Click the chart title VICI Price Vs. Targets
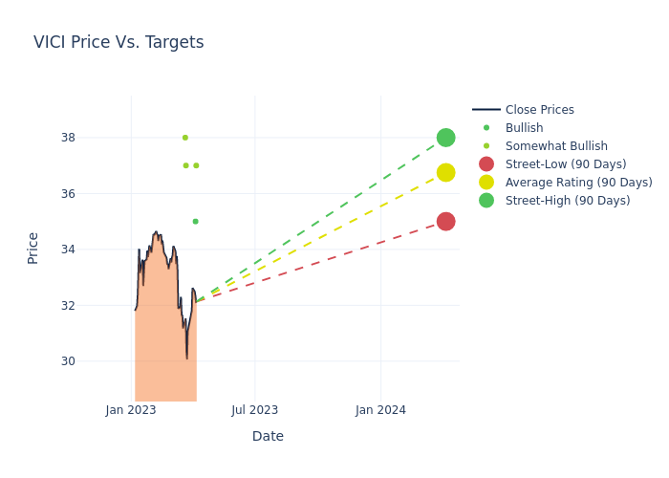click(119, 42)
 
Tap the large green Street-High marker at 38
click(445, 138)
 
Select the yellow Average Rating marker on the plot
click(445, 172)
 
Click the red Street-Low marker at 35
click(445, 221)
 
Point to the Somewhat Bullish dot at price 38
click(185, 138)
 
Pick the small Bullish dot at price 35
click(195, 221)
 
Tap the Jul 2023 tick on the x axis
click(255, 410)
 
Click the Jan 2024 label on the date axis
click(380, 410)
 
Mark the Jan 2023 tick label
click(131, 410)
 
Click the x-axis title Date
click(268, 437)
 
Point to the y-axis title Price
click(33, 248)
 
